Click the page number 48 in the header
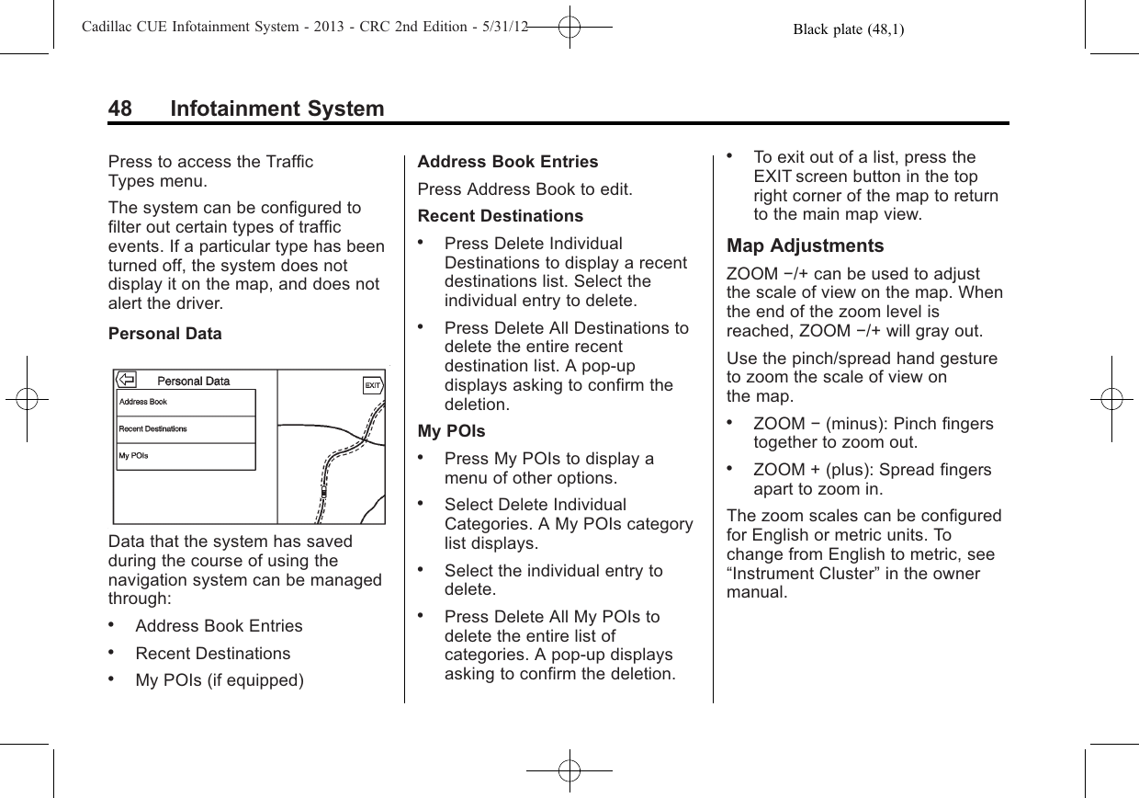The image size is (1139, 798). [x=120, y=109]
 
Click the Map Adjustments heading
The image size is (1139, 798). [x=805, y=246]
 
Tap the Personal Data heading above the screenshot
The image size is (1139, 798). [x=164, y=334]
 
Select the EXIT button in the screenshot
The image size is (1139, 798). [x=373, y=385]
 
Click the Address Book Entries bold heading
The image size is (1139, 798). [x=507, y=162]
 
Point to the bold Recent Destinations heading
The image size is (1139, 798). [x=500, y=216]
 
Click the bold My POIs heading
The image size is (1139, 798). [x=451, y=431]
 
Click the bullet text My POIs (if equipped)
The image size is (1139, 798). [x=220, y=681]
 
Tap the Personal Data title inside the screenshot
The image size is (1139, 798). [x=194, y=381]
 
